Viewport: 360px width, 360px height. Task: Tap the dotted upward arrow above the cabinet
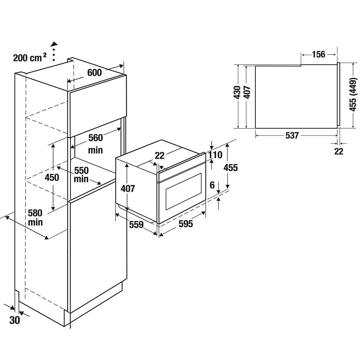click(x=54, y=52)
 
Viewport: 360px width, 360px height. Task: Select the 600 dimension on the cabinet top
click(x=94, y=73)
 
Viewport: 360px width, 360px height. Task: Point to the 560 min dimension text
click(x=96, y=143)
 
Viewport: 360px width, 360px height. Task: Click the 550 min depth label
click(x=81, y=174)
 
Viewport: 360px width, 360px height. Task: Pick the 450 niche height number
click(x=52, y=177)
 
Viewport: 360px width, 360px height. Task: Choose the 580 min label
click(x=35, y=217)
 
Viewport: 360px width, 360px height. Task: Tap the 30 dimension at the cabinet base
click(x=15, y=320)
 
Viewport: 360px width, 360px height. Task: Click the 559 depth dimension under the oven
click(x=136, y=225)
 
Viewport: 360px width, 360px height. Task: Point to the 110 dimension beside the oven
click(x=215, y=155)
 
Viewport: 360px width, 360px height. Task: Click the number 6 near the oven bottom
click(x=212, y=185)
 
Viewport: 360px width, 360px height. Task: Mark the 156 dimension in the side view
click(x=318, y=55)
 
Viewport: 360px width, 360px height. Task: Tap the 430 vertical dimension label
click(x=237, y=93)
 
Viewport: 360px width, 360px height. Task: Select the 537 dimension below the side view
click(x=292, y=135)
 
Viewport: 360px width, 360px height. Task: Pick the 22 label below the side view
click(x=339, y=151)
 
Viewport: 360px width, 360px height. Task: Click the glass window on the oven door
click(x=183, y=191)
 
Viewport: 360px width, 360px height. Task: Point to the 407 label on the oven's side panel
click(x=128, y=189)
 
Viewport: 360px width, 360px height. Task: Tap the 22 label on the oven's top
click(x=160, y=156)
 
